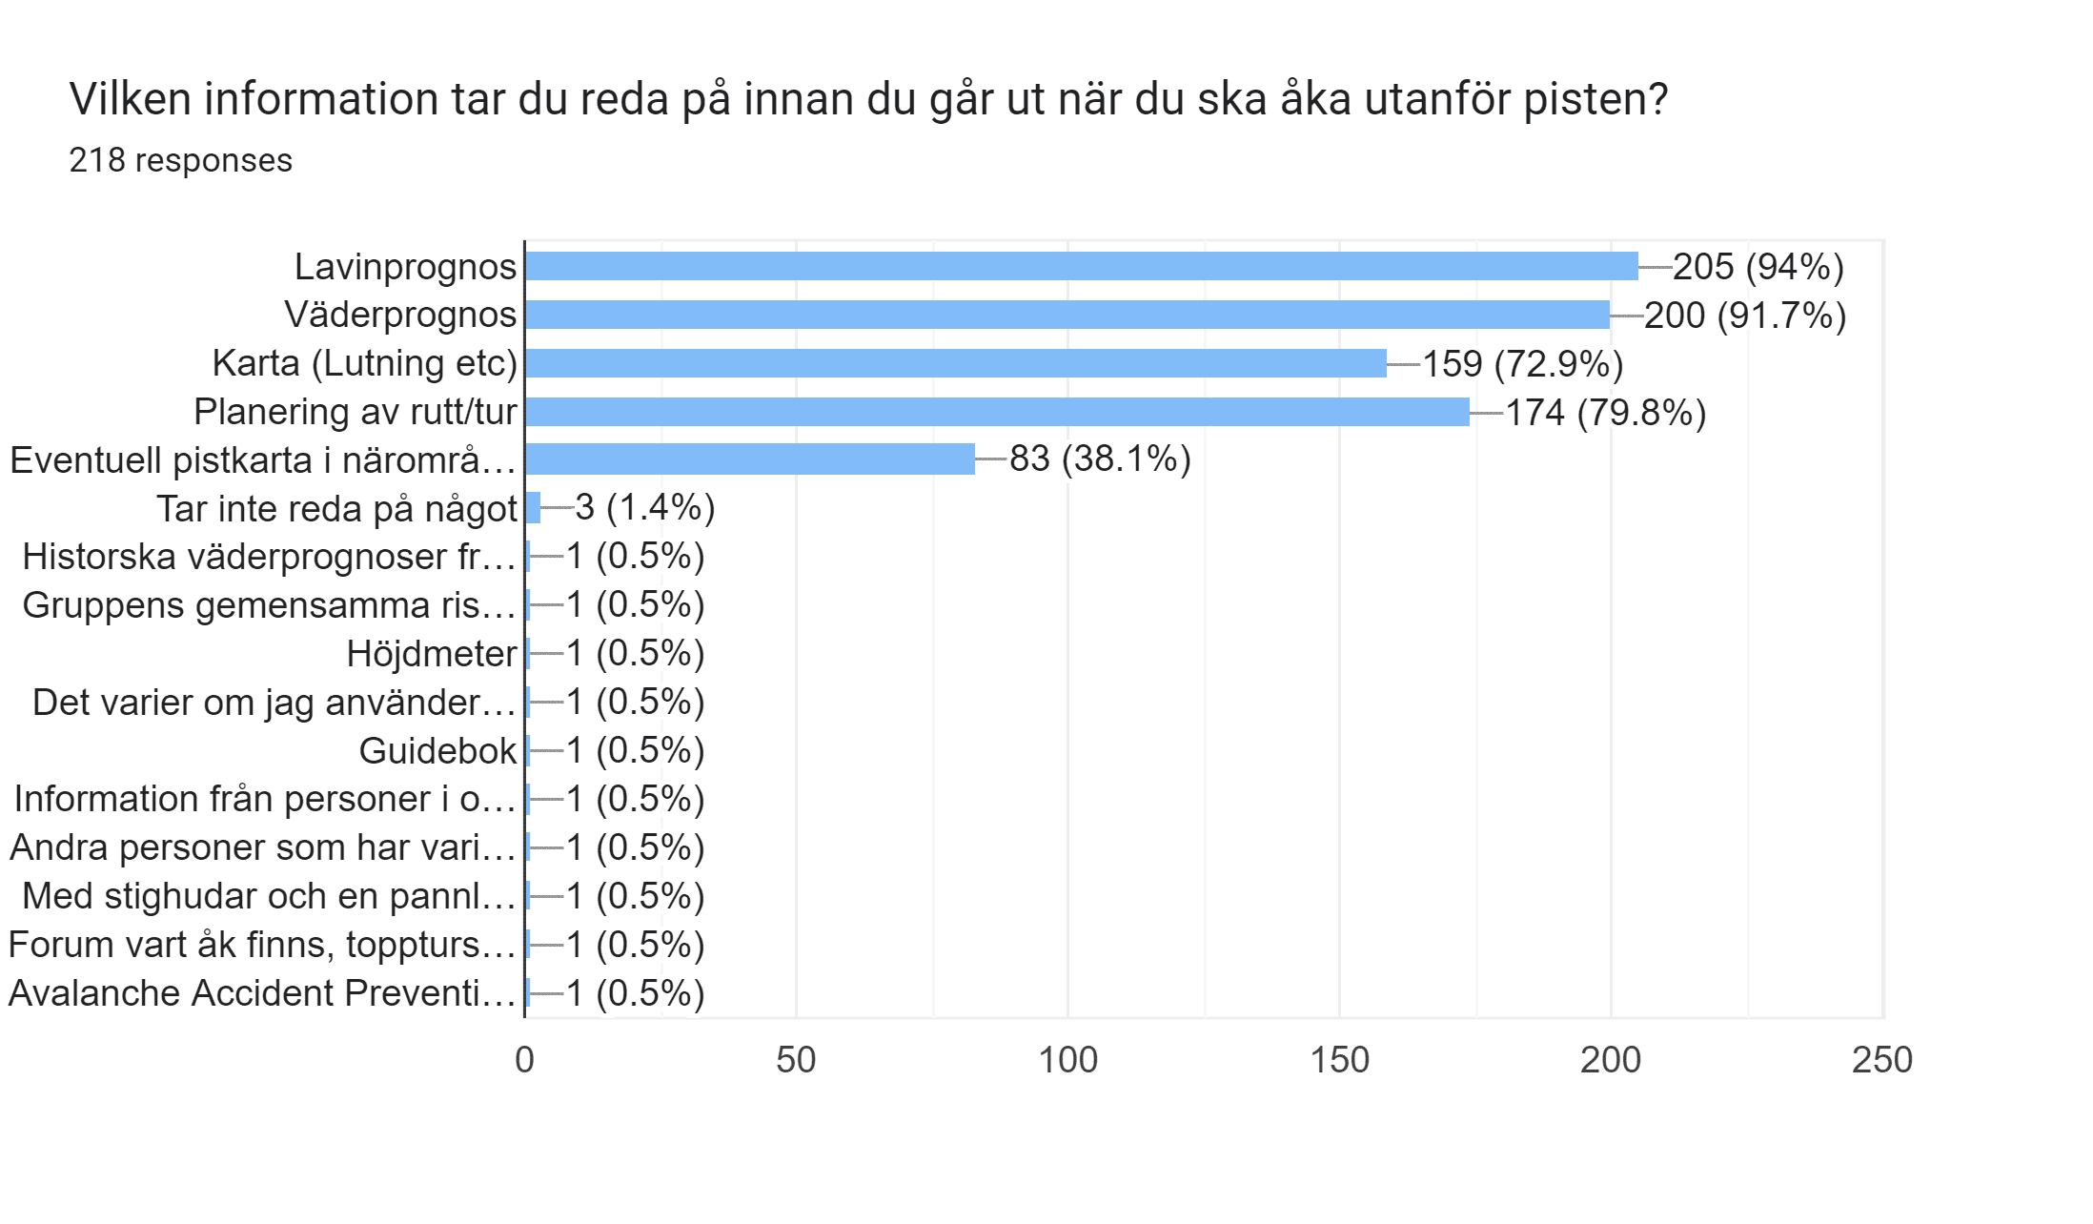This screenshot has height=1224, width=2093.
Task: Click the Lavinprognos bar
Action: point(1081,266)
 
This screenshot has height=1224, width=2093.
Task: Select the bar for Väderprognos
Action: point(1067,315)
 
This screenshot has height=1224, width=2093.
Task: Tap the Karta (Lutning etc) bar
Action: point(956,363)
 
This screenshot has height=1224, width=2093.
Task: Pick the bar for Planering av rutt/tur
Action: point(997,412)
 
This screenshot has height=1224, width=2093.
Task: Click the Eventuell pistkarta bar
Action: point(750,459)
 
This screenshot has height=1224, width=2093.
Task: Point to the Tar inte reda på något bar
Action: point(533,507)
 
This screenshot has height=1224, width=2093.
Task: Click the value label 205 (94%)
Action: point(1758,267)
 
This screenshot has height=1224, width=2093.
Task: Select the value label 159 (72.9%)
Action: point(1523,364)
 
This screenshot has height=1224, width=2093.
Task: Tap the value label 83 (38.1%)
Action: point(1100,459)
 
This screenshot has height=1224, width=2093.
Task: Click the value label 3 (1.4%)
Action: point(645,507)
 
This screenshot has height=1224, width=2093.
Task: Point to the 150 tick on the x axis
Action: point(1339,1060)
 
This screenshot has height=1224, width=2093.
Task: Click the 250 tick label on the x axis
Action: point(1881,1060)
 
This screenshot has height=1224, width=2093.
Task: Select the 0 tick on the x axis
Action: point(524,1060)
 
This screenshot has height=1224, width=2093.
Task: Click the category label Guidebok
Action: point(437,751)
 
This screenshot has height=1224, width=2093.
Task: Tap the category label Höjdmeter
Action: point(431,654)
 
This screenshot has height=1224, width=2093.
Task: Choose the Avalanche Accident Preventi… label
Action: point(262,993)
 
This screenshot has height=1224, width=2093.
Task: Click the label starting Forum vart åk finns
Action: point(262,945)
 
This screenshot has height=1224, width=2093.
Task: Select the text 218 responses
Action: point(180,160)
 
